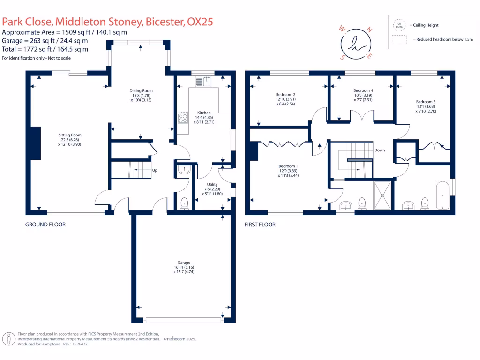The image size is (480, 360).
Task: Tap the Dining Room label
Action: (141, 90)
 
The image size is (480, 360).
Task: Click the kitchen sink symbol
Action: (203, 82)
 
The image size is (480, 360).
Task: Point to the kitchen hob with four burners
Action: (183, 117)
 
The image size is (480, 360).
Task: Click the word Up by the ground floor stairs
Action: (154, 170)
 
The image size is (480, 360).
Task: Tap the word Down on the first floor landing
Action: (380, 150)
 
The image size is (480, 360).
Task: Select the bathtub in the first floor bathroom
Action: (442, 195)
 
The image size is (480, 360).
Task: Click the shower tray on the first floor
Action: (384, 195)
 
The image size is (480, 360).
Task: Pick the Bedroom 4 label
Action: (363, 90)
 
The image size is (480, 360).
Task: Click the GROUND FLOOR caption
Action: (45, 225)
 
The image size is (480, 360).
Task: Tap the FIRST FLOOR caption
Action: (260, 225)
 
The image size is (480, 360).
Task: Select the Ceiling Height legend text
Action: (425, 25)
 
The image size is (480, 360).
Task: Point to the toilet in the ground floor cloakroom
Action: (185, 202)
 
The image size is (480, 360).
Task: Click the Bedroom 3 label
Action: (426, 102)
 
